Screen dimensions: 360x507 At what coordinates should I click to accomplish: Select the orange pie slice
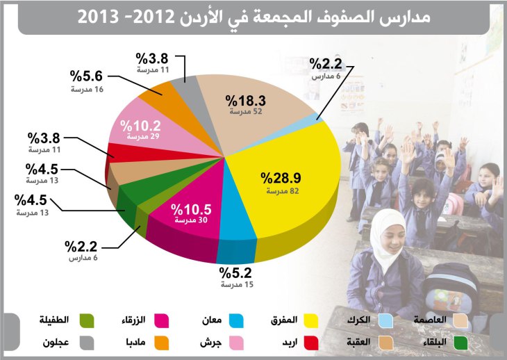[160, 91]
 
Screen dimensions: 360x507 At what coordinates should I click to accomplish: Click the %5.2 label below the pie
[233, 272]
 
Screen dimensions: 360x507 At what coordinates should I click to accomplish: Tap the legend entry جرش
[210, 343]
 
